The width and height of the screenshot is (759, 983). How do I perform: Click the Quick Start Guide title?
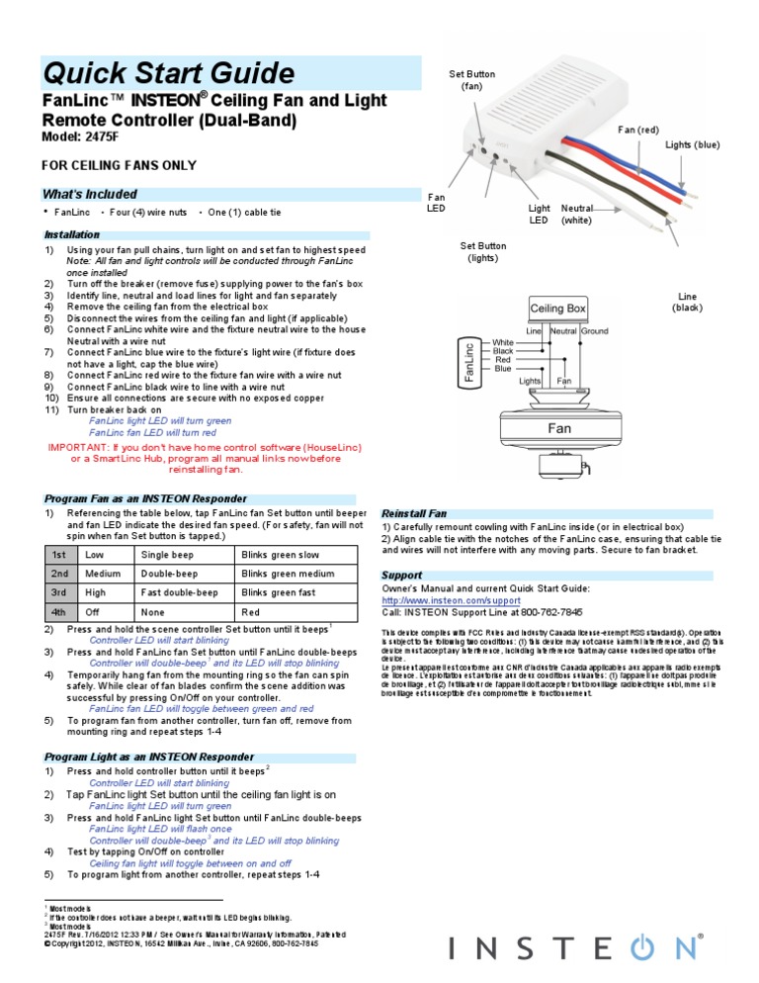(168, 73)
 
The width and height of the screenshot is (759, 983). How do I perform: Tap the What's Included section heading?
(90, 194)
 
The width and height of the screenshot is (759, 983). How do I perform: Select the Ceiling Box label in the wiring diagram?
(558, 309)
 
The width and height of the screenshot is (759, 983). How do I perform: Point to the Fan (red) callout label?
(637, 131)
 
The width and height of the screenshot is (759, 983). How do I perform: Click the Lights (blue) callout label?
(692, 145)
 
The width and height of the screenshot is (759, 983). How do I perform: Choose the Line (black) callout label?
(687, 302)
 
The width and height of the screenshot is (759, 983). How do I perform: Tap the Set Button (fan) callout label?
(471, 80)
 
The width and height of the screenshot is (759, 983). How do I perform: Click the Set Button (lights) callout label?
(484, 251)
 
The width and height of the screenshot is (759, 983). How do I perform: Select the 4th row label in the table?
(59, 613)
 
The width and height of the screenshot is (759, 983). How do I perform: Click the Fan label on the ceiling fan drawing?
(560, 429)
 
